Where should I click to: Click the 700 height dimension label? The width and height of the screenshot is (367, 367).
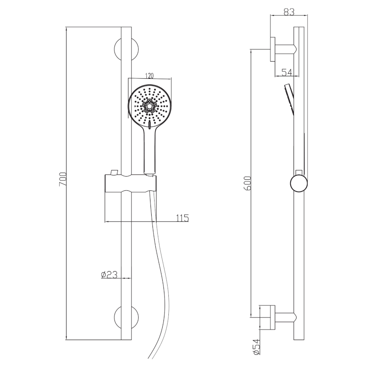coord(63,179)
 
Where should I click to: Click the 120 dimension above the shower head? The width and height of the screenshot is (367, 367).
coord(149,75)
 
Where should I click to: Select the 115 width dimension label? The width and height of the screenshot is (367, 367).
coord(182,218)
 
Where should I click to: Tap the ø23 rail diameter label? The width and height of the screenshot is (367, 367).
coord(109,274)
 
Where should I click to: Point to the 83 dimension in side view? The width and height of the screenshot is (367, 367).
coord(289,12)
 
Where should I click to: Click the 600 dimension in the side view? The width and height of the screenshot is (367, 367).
coord(248,183)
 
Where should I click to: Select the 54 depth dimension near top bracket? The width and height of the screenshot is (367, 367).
coord(287,72)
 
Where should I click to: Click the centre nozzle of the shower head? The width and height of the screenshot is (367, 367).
coord(149,106)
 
